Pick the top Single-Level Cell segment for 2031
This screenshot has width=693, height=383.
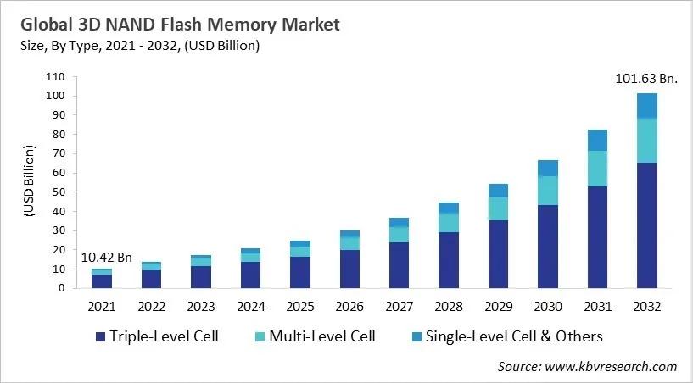tap(597, 140)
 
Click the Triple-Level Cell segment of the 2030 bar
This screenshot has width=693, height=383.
tap(549, 247)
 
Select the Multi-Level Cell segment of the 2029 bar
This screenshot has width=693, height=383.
tap(500, 208)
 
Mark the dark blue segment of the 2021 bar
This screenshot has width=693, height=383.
tap(102, 281)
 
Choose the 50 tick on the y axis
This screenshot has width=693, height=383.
tap(58, 192)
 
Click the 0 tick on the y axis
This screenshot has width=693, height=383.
tap(61, 288)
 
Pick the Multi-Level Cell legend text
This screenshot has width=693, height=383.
tap(321, 336)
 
